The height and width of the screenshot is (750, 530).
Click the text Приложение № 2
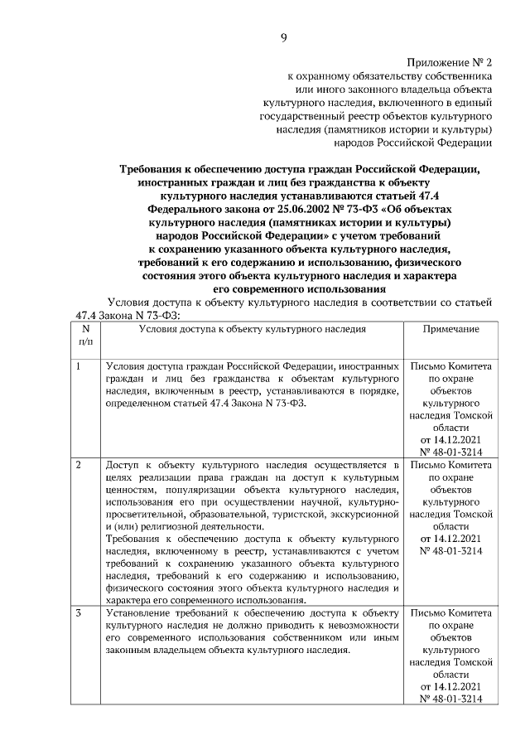(450, 62)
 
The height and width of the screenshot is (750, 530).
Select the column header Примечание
(451, 329)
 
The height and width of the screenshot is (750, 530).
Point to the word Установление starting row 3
(142, 612)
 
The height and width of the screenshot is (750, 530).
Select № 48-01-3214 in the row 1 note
(451, 452)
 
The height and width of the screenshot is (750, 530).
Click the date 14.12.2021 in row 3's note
(451, 686)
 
